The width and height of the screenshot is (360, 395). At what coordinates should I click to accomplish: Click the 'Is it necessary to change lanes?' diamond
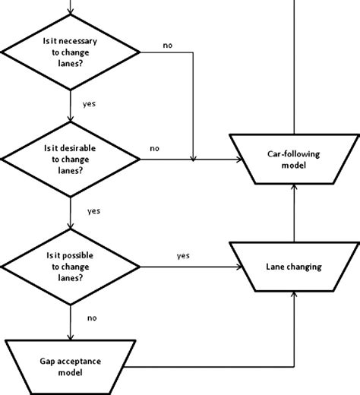coord(71,52)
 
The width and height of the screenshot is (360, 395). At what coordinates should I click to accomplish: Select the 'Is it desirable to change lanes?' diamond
coord(71,160)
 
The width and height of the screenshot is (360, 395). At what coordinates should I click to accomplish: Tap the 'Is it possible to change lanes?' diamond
coord(71,267)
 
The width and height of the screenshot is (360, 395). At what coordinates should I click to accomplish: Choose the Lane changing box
coord(292,267)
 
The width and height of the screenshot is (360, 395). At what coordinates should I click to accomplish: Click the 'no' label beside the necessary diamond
coord(168,45)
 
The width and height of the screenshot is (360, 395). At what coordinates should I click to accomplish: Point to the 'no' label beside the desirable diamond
coord(155,149)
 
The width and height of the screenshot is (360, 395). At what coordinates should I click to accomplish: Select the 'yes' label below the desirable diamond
coord(93,210)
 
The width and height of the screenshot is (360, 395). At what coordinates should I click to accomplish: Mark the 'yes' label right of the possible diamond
coord(182,256)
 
